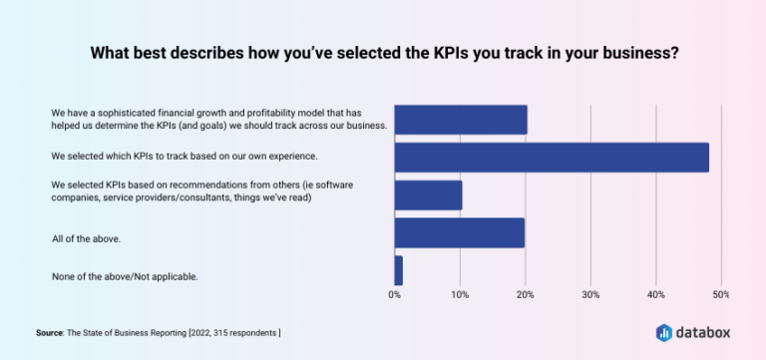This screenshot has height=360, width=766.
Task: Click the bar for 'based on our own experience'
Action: coord(552,158)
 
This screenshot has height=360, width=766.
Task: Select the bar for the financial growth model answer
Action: coord(461,119)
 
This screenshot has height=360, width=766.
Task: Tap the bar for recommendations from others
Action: coord(428,195)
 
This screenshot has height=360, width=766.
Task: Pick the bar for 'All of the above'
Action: coord(459,233)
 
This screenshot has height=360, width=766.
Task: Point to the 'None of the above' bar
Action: coord(399,270)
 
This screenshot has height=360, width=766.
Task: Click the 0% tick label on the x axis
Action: coord(395,294)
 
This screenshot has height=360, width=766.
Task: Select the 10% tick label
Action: coord(460,294)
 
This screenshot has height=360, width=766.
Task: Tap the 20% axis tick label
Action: coord(526,294)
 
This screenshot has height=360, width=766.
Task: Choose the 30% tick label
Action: coord(590,294)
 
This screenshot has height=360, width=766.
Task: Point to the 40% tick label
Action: coord(656,294)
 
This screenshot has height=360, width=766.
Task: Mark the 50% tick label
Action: coord(721,294)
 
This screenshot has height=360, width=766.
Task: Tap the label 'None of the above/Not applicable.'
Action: coord(125,275)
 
